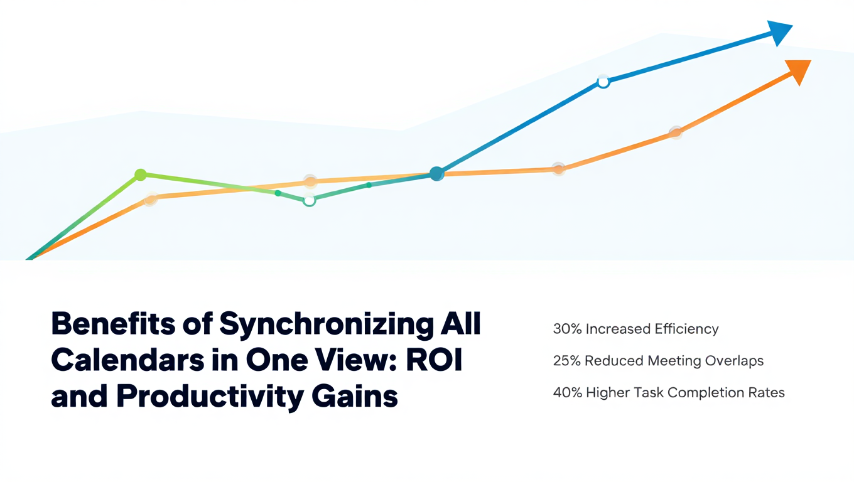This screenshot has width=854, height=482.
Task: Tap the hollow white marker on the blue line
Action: pos(603,82)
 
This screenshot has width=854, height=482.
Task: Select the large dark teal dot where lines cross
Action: pos(437,174)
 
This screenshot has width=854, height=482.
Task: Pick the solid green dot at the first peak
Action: pos(140,174)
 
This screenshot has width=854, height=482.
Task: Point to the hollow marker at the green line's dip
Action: pos(309,200)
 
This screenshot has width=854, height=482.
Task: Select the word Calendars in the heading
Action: pos(127,360)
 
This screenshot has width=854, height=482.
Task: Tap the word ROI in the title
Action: pos(435,360)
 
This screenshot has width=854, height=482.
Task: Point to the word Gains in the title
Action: pos(355,396)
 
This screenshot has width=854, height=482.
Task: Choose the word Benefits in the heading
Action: pos(113,323)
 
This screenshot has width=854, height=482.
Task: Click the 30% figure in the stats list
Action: pos(567,329)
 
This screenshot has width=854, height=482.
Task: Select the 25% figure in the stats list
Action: pos(567,360)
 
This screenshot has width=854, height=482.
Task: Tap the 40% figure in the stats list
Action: pos(568,392)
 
